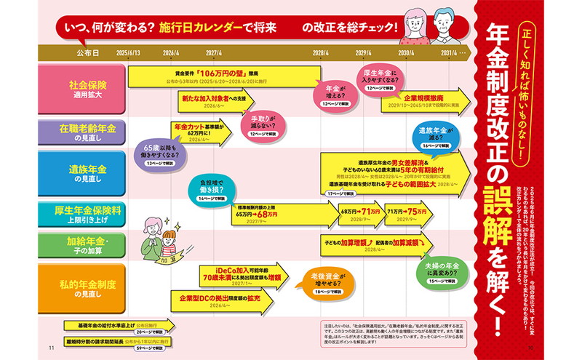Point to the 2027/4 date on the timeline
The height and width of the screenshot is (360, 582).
pos(214,53)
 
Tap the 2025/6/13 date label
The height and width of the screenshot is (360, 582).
pos(127,53)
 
